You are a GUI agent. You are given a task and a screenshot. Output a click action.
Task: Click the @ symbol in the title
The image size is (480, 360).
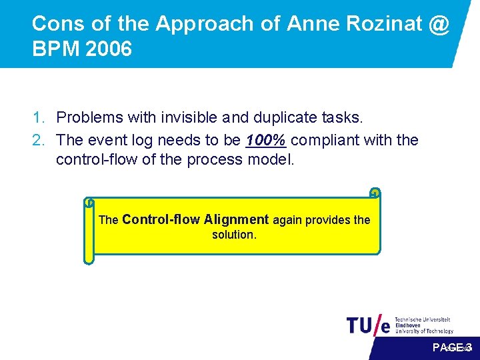[439, 24]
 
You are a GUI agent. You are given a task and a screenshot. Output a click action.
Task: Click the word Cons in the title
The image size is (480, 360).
[57, 24]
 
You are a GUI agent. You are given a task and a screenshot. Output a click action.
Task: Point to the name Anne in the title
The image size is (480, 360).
[311, 24]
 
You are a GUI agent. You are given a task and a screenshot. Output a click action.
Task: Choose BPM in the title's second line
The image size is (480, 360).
[52, 50]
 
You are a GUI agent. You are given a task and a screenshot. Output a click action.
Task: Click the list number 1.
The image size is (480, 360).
[39, 118]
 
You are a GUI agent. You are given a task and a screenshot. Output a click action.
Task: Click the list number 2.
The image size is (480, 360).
[39, 140]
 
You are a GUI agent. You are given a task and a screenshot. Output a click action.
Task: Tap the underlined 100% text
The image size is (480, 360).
[267, 140]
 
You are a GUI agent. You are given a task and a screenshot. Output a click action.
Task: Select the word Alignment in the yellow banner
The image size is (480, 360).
[236, 219]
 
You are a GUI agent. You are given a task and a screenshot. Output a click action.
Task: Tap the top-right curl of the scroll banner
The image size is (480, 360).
[375, 193]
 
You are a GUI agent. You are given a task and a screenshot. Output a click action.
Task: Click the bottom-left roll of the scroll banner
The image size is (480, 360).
[89, 258]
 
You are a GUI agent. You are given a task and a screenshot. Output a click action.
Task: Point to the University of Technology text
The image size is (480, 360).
[424, 331]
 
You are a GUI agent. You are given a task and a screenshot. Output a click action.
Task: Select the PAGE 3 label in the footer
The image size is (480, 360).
[452, 347]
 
